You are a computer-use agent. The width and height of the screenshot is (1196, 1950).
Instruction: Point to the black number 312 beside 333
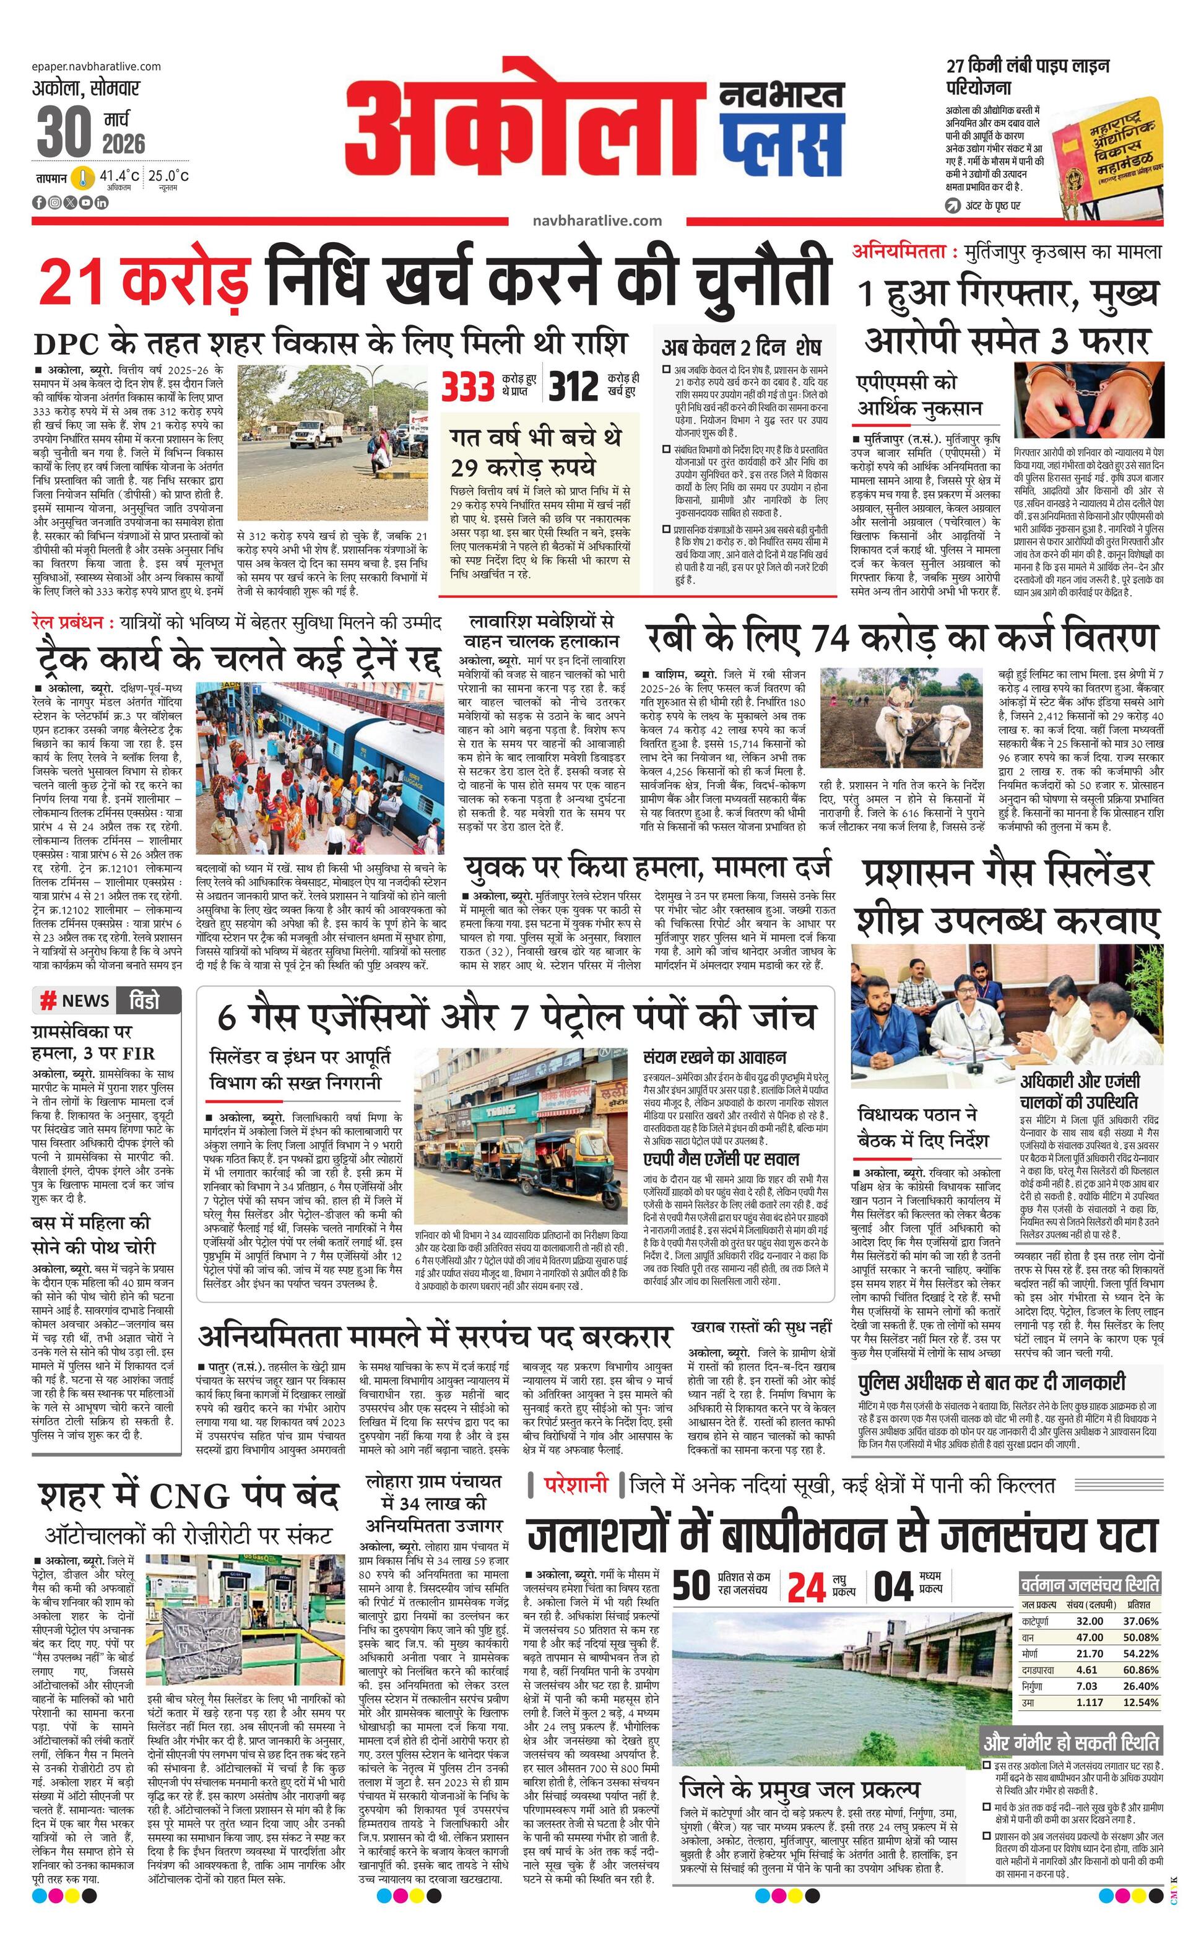point(573,387)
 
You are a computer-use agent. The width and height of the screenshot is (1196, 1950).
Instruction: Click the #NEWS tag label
point(75,1000)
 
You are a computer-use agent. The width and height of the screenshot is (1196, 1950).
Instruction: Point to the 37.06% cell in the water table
point(1142,1622)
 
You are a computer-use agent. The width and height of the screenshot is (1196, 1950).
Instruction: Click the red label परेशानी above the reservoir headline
point(576,1486)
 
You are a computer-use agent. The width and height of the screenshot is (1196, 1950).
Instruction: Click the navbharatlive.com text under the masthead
point(597,222)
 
